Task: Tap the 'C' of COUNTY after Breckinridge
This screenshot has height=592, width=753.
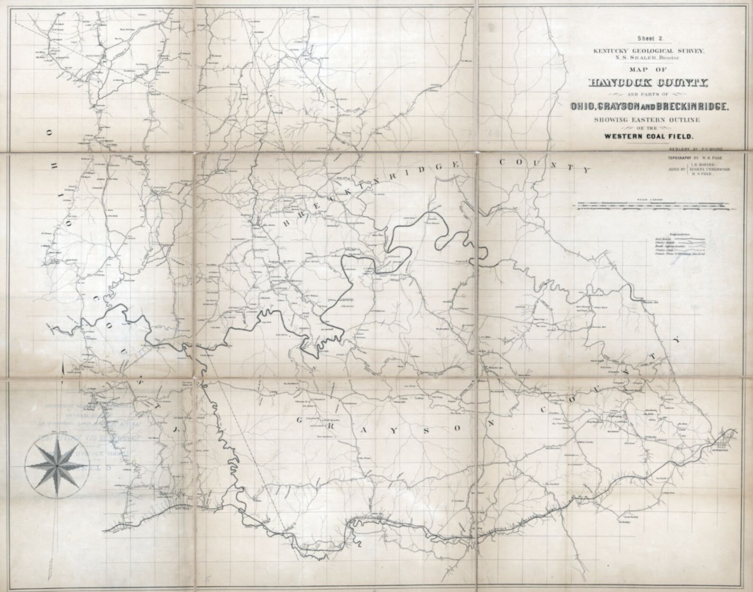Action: tap(501, 162)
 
